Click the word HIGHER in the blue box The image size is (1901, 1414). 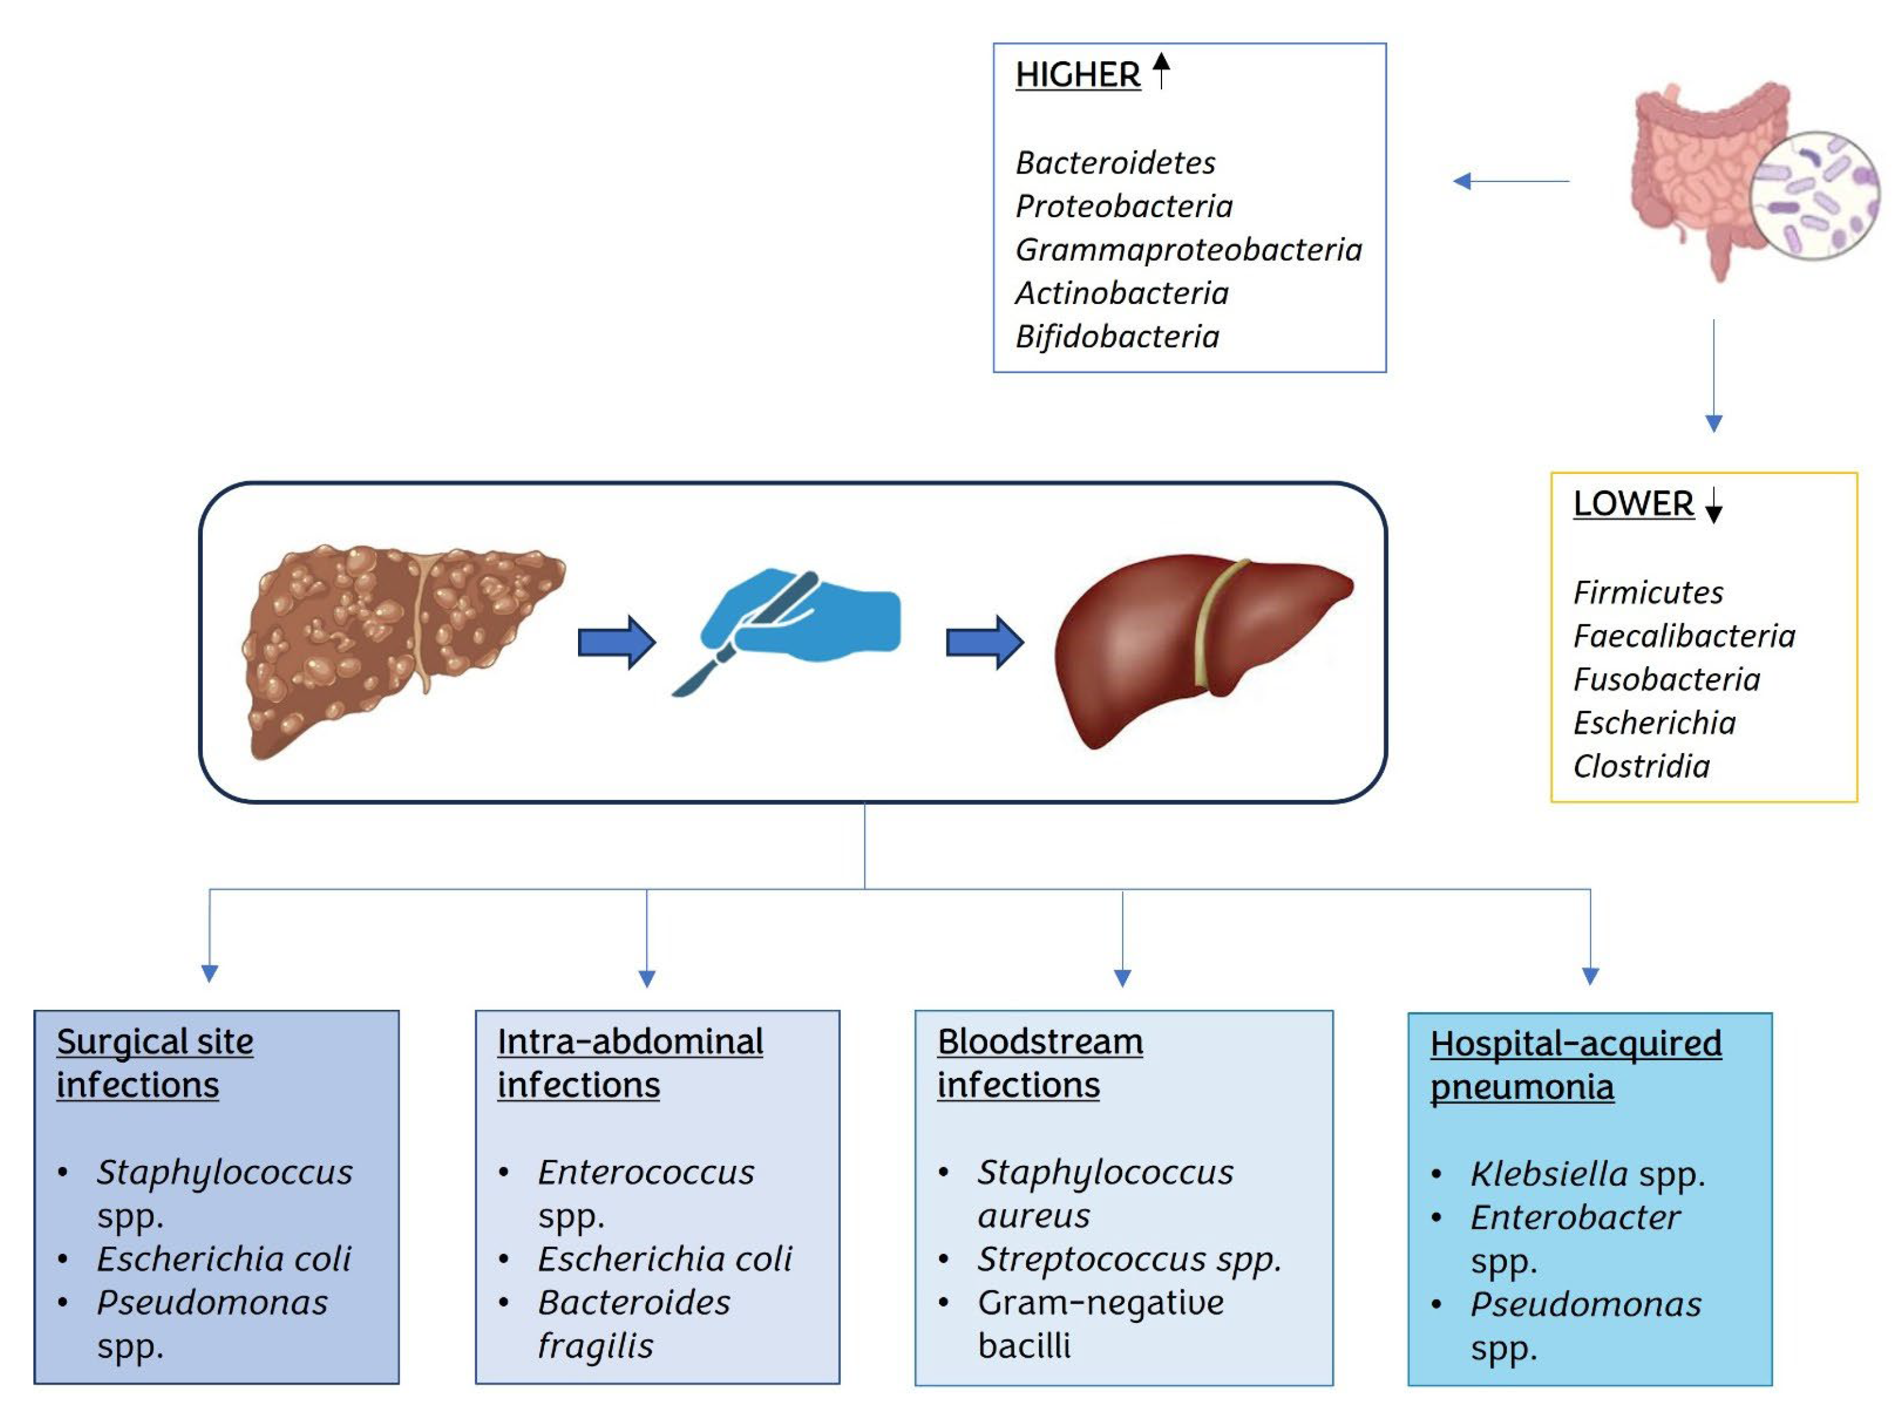[x=1077, y=75]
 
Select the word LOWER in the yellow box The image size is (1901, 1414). [x=1633, y=504]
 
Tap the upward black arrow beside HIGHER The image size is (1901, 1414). [x=1161, y=70]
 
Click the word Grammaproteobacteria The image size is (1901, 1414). [x=1188, y=250]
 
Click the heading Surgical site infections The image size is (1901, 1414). [x=154, y=1063]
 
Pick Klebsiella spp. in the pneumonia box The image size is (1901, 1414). [x=1586, y=1174]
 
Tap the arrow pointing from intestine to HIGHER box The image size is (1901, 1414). [x=1511, y=181]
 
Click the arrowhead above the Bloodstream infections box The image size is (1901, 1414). [x=1122, y=978]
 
